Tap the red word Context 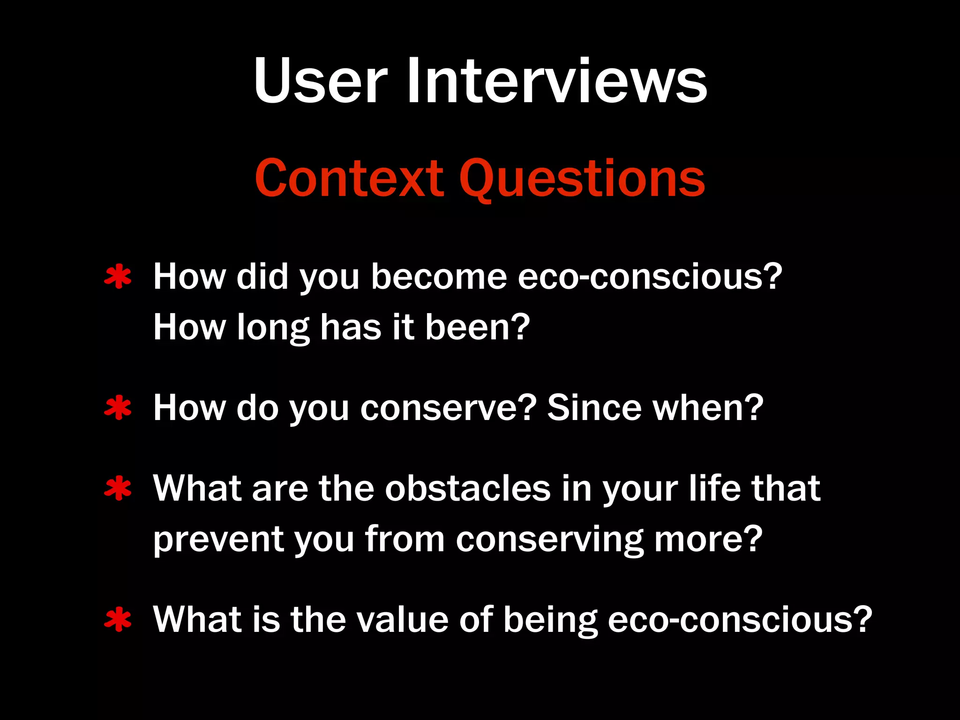pyautogui.click(x=349, y=178)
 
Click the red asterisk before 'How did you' pyautogui.click(x=118, y=277)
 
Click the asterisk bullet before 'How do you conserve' pyautogui.click(x=118, y=408)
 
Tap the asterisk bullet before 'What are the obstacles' pyautogui.click(x=118, y=488)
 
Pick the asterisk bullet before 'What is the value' pyautogui.click(x=118, y=620)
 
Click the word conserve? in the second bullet pyautogui.click(x=448, y=408)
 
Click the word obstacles pyautogui.click(x=467, y=488)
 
